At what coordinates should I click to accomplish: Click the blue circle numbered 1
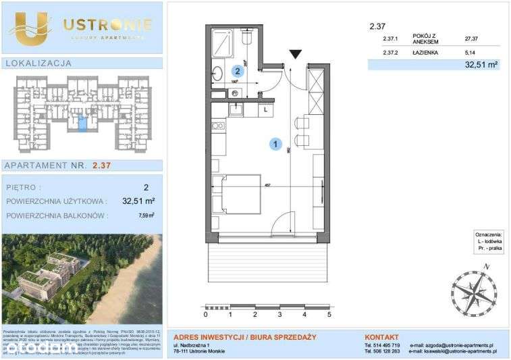point(275,143)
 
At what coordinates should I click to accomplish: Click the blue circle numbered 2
point(238,70)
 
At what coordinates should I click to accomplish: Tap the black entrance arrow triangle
point(295,54)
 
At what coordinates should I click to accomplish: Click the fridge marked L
point(266,108)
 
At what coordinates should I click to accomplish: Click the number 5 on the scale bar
point(329,314)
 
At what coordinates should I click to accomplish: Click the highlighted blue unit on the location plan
point(82,124)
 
